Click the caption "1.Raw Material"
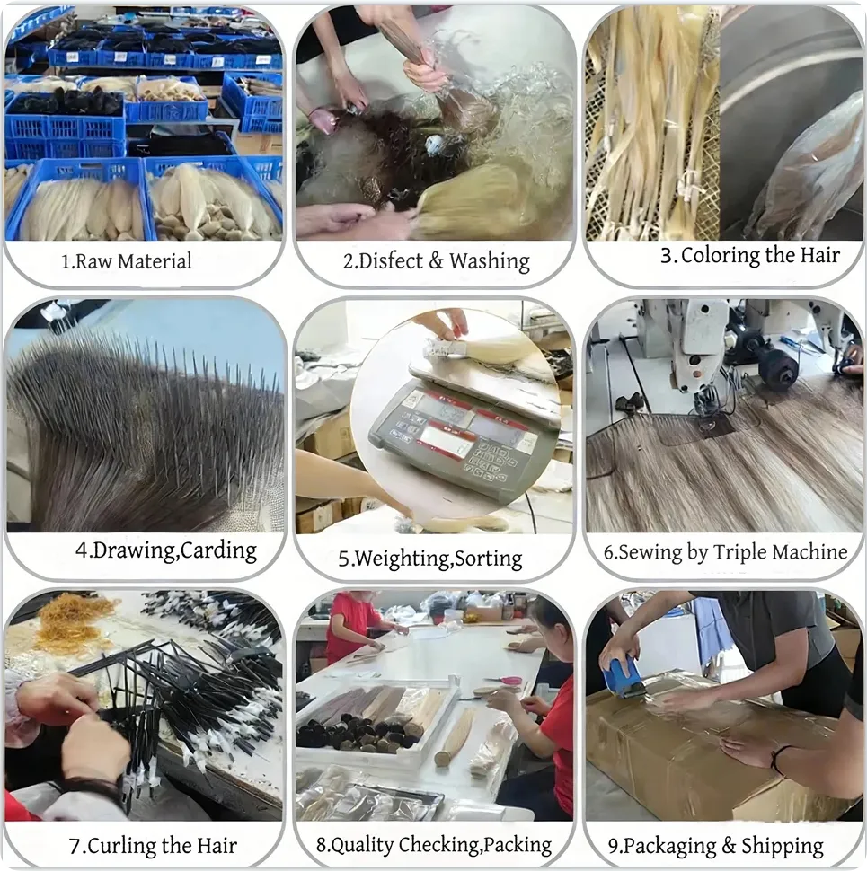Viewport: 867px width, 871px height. point(126,262)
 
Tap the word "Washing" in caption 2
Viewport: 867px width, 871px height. point(489,261)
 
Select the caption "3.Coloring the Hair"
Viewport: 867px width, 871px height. point(750,255)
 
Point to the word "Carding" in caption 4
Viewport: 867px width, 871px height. point(218,550)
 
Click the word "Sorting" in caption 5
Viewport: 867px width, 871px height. point(488,559)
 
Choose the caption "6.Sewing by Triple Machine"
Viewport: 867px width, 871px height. point(725,552)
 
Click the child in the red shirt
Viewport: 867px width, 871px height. point(352,623)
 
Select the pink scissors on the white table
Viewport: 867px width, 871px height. point(505,681)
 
